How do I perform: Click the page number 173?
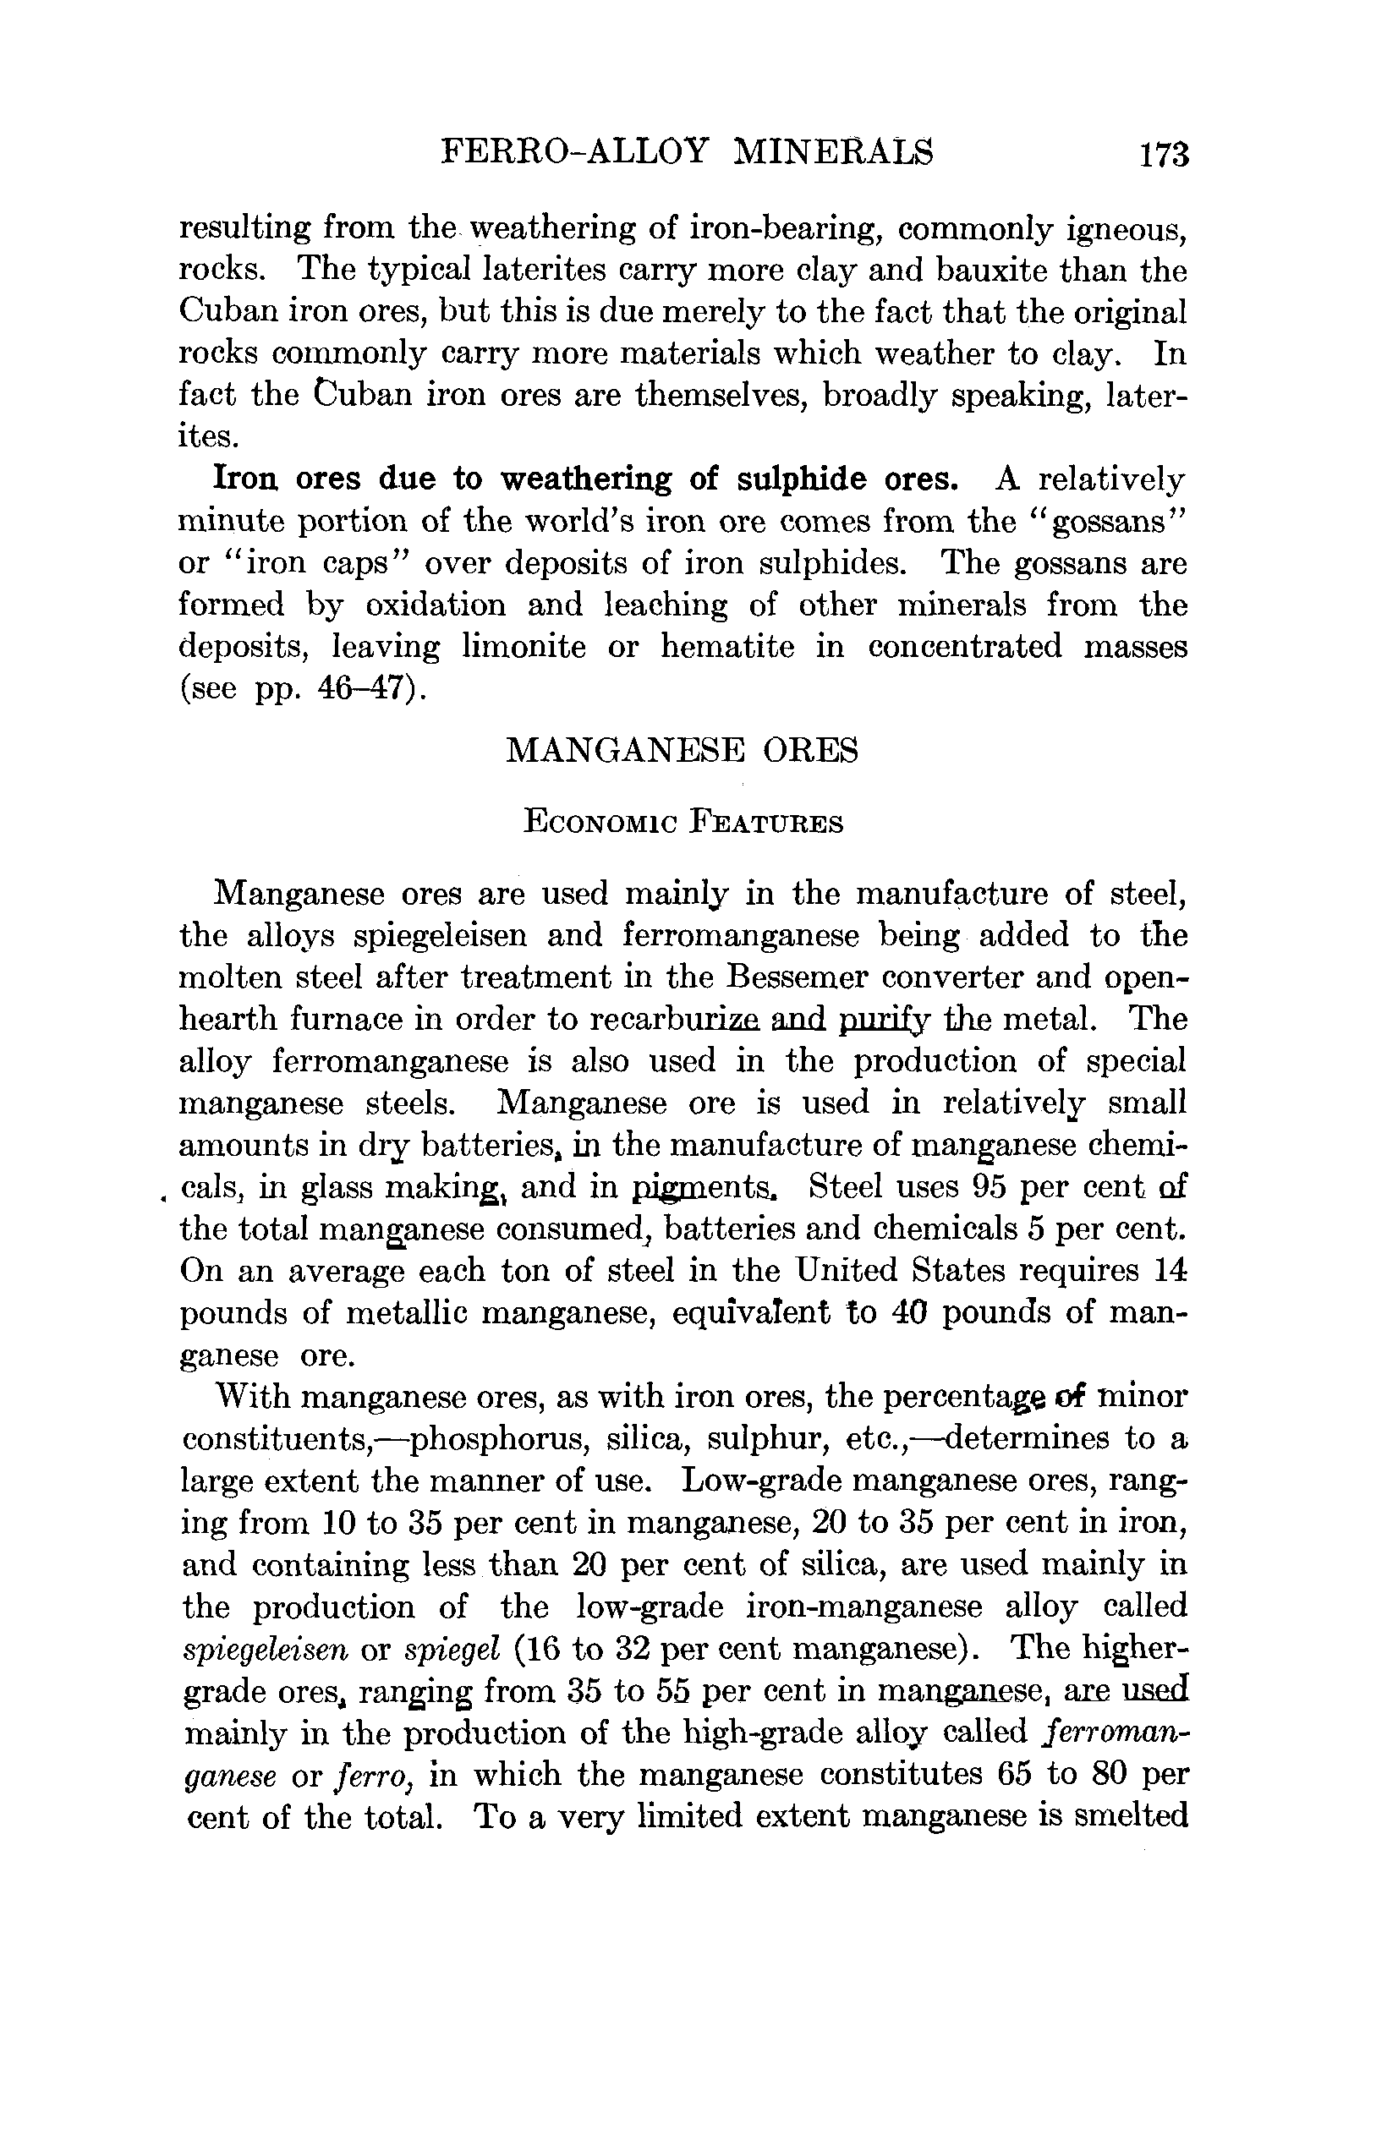(x=1164, y=156)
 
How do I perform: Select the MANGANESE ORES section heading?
(x=682, y=750)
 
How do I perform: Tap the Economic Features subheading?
(x=683, y=823)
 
